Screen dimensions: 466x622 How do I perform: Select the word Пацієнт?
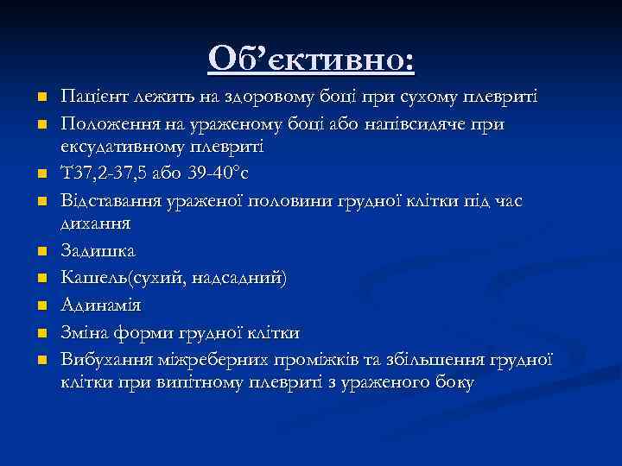[89, 94]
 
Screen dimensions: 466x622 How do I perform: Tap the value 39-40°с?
[206, 176]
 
